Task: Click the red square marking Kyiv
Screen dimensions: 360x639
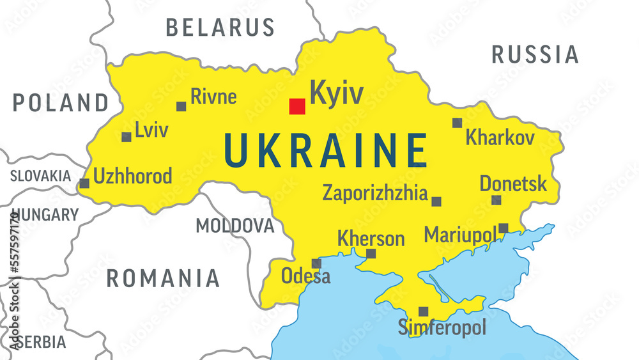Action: point(296,106)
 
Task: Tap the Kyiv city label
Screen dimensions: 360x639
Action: point(336,93)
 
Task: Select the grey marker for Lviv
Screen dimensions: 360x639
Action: point(127,137)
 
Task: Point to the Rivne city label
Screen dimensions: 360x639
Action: point(213,97)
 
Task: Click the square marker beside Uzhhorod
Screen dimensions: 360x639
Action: point(84,184)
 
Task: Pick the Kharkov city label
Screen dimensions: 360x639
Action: point(500,137)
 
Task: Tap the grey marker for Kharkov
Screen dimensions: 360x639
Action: point(457,123)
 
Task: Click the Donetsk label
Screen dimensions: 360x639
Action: point(513,184)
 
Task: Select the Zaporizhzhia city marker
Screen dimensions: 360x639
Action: point(436,201)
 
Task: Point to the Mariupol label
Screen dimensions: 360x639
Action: point(460,234)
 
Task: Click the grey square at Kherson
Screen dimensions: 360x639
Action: point(371,254)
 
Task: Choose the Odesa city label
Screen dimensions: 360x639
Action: point(306,276)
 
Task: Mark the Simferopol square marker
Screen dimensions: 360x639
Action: point(423,311)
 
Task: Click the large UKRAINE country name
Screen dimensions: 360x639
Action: point(325,151)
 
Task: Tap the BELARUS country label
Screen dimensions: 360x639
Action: point(220,27)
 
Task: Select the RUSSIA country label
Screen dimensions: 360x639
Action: point(535,55)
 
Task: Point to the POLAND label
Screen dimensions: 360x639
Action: point(61,102)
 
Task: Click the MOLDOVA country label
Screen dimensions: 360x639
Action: point(235,226)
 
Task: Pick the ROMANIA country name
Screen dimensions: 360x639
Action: point(162,278)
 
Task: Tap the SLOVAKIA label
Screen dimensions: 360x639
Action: point(40,176)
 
